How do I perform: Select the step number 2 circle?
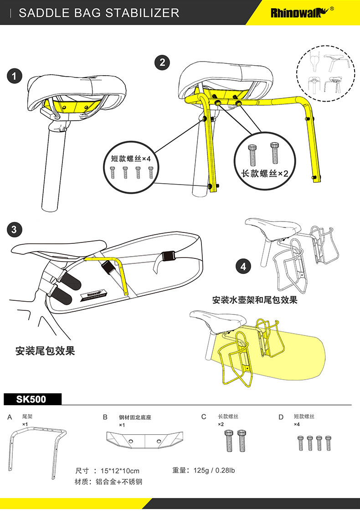pos(162,62)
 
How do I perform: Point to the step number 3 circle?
pos(15,229)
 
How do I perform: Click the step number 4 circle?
pos(243,266)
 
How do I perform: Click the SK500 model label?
pos(32,399)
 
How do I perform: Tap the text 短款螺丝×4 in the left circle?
pos(130,159)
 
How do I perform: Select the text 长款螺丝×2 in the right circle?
pos(265,173)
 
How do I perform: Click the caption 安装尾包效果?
pos(45,351)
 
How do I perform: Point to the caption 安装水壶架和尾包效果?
pos(255,300)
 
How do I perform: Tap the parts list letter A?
pos(10,417)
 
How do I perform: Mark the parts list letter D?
pos(281,417)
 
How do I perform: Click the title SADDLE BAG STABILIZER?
pos(99,13)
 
